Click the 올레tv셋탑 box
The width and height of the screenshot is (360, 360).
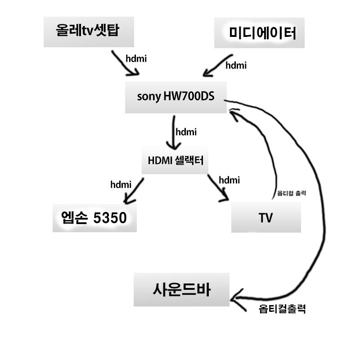(88, 31)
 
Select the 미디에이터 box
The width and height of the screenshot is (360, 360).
(259, 32)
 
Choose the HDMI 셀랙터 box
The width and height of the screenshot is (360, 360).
(175, 160)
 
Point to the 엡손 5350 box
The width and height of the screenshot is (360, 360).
(94, 218)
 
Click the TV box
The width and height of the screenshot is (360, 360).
(265, 218)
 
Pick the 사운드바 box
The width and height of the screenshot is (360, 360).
(181, 289)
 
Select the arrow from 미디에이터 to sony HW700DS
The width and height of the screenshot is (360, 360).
(217, 66)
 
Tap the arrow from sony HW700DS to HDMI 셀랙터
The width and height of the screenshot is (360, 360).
(173, 133)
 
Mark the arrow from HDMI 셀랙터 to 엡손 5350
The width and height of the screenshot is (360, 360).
(133, 191)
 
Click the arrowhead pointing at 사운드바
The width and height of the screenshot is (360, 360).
(237, 296)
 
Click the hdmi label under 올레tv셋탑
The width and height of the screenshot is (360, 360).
(136, 58)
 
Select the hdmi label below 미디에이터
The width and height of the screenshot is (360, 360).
(236, 65)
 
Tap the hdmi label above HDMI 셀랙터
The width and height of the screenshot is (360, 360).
(186, 132)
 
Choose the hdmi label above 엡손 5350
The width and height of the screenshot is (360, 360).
(121, 184)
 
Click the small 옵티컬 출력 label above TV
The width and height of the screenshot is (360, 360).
(292, 193)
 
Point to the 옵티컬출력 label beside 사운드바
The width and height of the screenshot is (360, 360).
(283, 309)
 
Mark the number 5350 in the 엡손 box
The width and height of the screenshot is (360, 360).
(109, 218)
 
